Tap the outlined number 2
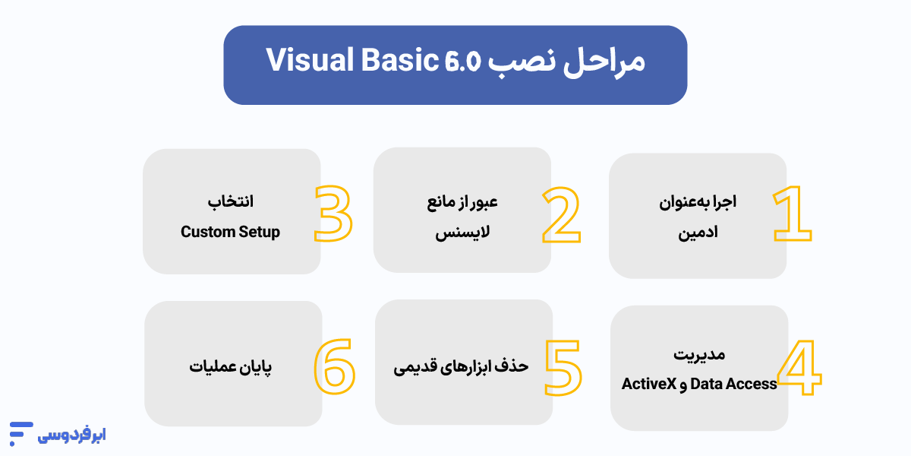pos(562,215)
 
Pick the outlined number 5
pos(563,366)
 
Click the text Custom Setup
pos(230,232)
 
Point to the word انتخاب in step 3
pos(230,203)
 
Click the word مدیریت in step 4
pos(699,355)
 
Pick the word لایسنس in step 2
pos(462,233)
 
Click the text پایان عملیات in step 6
pos(230,367)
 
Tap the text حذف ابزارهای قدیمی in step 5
pos(461,366)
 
